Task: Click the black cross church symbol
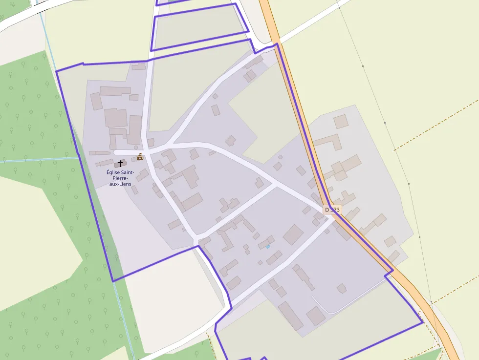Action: (x=120, y=163)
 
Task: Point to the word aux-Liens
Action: (x=120, y=184)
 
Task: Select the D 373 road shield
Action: (x=332, y=210)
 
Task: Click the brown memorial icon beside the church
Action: (x=140, y=156)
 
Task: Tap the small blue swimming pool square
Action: (x=268, y=247)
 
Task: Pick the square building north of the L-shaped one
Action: (x=341, y=121)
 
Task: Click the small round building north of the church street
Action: (x=136, y=147)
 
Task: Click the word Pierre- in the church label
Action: (x=120, y=178)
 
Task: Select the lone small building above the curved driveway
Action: (x=342, y=288)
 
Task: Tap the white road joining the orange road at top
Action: (x=313, y=22)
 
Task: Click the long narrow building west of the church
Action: (x=100, y=153)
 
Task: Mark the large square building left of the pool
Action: (x=293, y=234)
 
